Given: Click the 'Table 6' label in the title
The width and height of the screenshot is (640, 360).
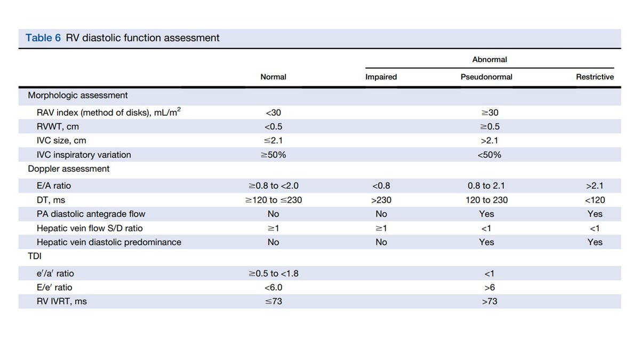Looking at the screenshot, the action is (x=43, y=38).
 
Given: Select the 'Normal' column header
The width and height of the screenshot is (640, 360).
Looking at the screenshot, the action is (x=273, y=77).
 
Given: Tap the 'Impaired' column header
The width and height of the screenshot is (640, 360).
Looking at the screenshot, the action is (x=381, y=77).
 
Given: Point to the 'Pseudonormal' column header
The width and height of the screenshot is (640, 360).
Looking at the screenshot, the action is (x=486, y=77).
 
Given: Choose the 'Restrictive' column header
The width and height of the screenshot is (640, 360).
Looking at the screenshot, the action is (x=595, y=77).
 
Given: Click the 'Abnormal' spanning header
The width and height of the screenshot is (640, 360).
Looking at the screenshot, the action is (x=490, y=59).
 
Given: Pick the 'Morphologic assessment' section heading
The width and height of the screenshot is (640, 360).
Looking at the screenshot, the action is (x=78, y=95).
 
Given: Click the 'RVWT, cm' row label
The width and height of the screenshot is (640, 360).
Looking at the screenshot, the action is (x=58, y=126).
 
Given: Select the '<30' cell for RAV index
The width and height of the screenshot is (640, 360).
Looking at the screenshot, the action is (x=274, y=113).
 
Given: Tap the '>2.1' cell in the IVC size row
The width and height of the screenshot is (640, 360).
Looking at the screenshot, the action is (x=490, y=141).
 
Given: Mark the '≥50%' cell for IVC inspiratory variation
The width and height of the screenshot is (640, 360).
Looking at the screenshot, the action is (x=274, y=155).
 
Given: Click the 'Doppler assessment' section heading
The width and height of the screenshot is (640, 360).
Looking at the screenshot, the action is (x=69, y=169).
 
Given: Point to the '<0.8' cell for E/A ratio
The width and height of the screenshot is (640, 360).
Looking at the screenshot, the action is (x=381, y=186).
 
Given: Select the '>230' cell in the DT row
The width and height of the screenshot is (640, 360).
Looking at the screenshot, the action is (x=381, y=200).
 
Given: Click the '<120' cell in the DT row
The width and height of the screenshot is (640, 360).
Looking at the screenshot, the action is (x=595, y=200).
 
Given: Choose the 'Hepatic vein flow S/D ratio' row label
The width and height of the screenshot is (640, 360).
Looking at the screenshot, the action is (x=90, y=228).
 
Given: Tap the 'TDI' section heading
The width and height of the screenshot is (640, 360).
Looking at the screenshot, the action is (x=35, y=256).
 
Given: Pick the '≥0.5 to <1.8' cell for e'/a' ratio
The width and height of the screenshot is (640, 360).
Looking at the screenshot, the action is (x=274, y=274).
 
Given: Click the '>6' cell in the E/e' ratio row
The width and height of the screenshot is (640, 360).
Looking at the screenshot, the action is (x=490, y=287).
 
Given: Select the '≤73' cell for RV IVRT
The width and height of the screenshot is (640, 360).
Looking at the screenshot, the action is (x=274, y=301).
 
